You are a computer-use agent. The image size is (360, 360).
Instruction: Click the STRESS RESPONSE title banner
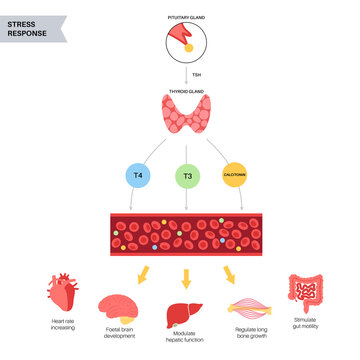pyautogui.click(x=36, y=23)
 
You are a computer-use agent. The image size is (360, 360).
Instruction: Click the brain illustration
pyautogui.click(x=120, y=308)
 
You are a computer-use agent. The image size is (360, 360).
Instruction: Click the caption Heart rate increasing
pyautogui.click(x=63, y=326)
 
